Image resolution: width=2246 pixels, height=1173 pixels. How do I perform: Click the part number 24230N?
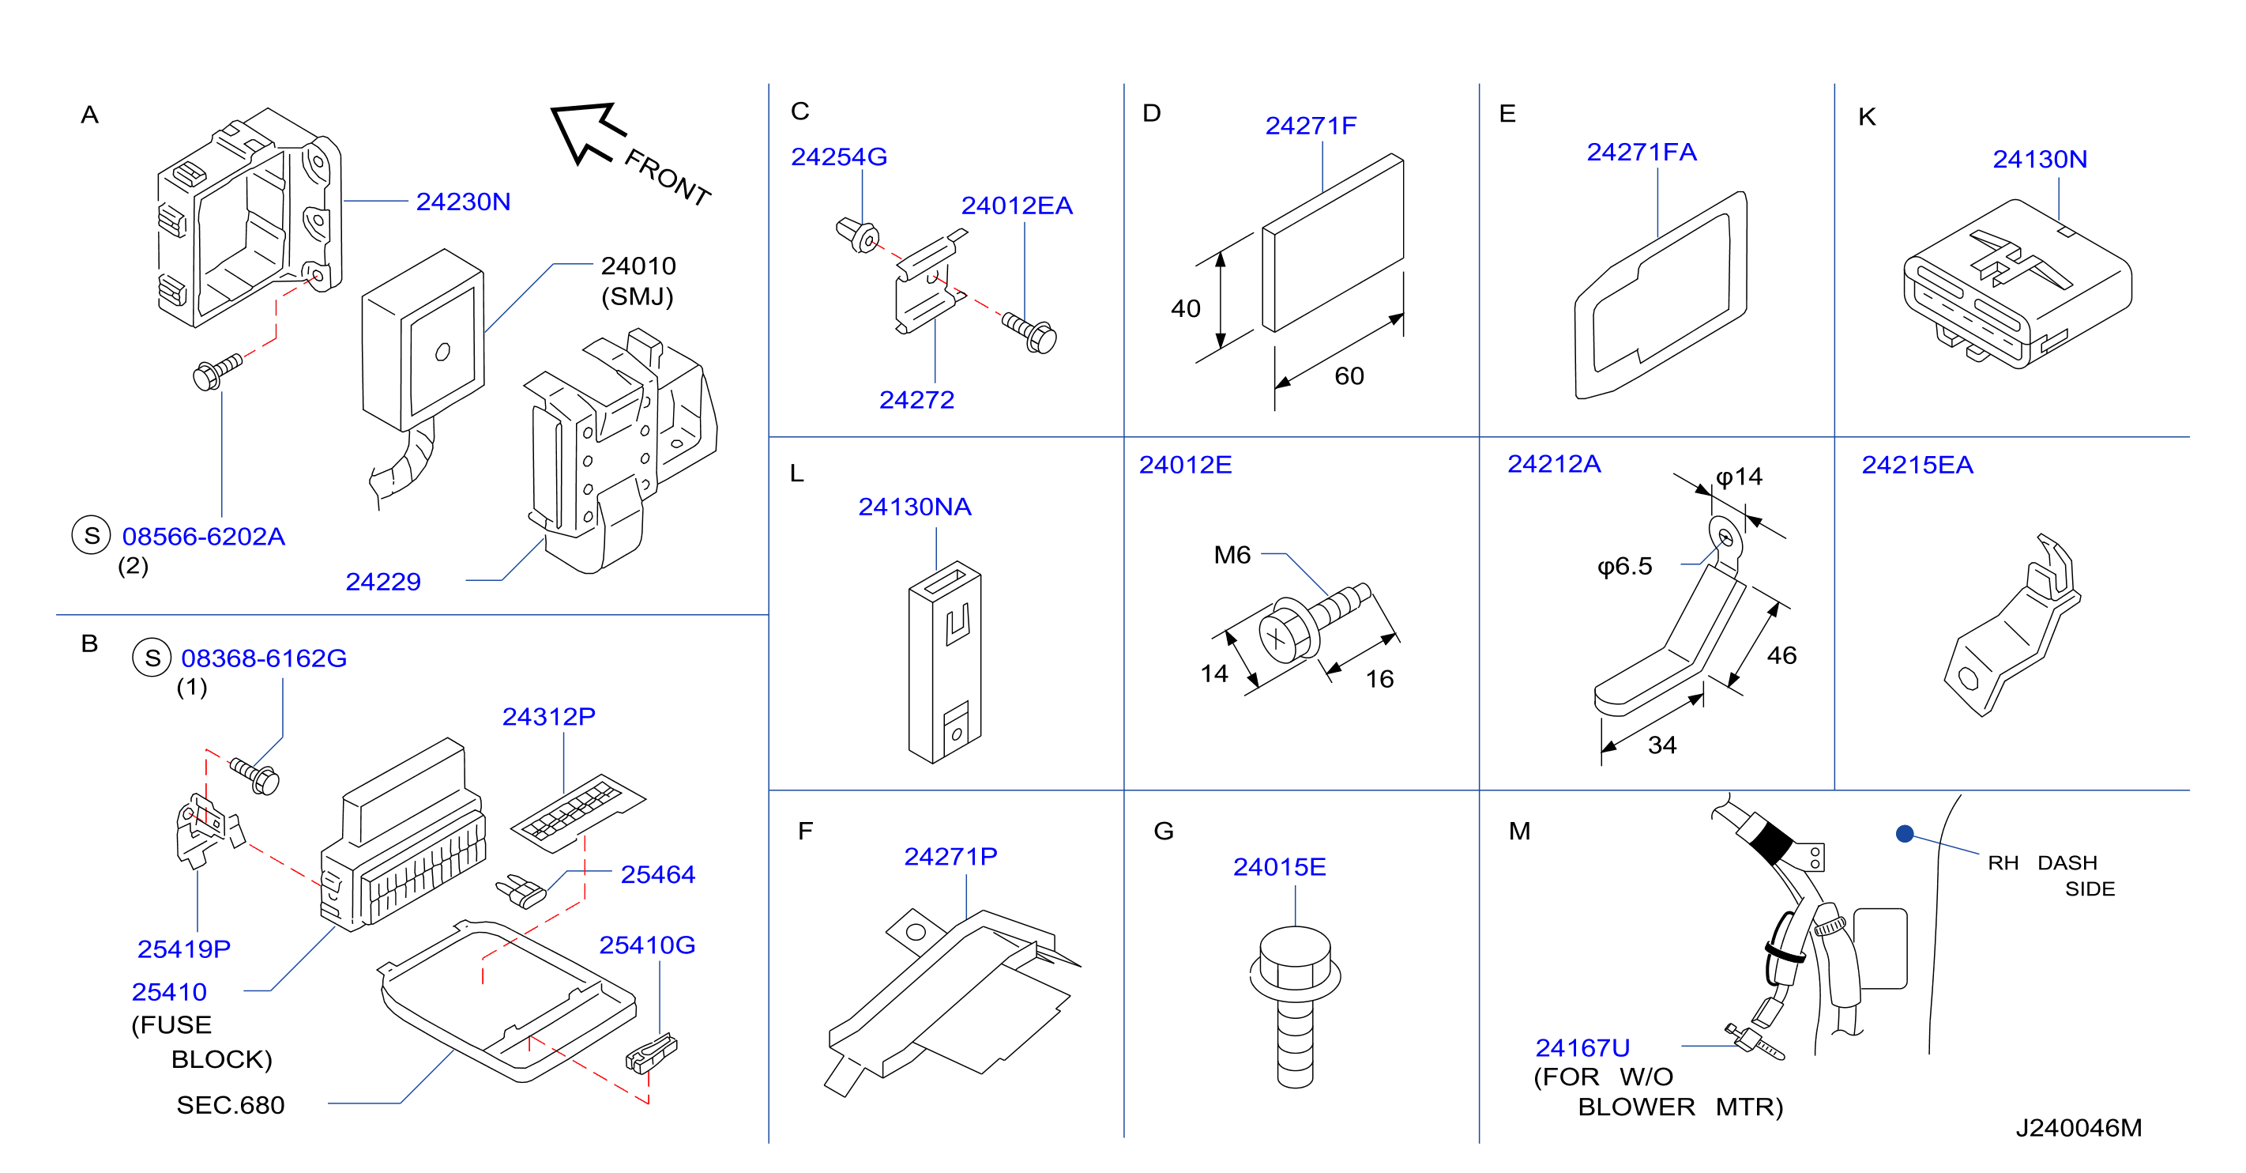tap(463, 202)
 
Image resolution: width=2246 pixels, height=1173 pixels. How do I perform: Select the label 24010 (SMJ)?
tap(638, 281)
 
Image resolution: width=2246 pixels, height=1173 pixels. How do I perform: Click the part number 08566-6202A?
tap(203, 537)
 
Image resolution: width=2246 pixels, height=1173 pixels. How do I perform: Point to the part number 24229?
tap(383, 582)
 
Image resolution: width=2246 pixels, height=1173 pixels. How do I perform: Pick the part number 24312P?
tap(548, 717)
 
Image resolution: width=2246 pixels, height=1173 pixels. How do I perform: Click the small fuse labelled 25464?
tap(521, 891)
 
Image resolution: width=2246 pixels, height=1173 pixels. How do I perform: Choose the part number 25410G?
tap(647, 945)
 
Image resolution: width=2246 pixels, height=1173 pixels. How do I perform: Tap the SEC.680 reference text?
tap(230, 1105)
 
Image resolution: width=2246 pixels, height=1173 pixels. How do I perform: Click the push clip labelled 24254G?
tap(858, 235)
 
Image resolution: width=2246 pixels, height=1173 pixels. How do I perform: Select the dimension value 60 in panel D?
tap(1349, 376)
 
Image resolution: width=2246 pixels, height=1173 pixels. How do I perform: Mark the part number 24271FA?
tap(1641, 152)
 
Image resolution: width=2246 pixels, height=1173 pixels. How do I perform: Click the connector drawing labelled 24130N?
tap(2018, 284)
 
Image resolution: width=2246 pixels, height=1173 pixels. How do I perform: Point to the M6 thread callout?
tap(1232, 555)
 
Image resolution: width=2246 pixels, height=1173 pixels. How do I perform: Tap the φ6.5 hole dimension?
tap(1624, 567)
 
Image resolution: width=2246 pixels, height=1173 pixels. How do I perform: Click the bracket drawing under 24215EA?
tap(2012, 625)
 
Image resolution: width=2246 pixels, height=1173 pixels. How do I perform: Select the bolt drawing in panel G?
tap(1295, 1006)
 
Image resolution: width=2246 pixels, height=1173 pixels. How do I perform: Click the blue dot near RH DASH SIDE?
tap(1904, 834)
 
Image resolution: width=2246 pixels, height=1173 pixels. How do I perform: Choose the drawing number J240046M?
tap(2078, 1128)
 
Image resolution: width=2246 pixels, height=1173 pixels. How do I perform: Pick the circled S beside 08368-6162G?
tap(152, 658)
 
